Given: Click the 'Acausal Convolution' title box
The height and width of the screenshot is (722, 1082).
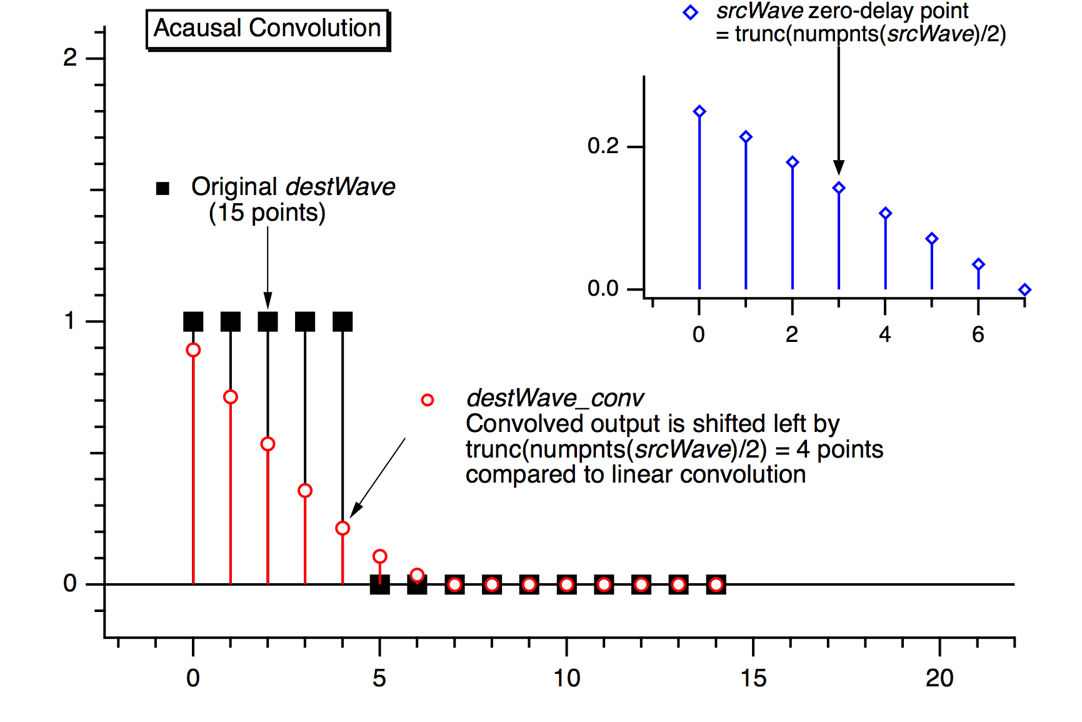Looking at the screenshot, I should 268,29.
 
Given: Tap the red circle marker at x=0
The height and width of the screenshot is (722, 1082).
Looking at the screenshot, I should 193,350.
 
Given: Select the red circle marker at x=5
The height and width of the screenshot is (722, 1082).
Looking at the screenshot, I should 379,556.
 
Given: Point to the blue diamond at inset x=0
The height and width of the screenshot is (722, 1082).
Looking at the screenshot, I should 699,112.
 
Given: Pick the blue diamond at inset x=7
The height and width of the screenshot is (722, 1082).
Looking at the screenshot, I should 1024,289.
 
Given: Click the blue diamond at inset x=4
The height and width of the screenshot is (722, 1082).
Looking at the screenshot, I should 885,214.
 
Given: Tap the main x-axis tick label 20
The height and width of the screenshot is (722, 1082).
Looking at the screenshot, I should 939,678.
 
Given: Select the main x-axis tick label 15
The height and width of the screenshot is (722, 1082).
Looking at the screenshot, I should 753,678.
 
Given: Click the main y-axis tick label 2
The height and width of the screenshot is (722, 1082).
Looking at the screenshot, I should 70,58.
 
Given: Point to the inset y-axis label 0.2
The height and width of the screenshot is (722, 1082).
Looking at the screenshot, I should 603,146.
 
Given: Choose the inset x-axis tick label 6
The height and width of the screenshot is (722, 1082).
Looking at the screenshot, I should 978,335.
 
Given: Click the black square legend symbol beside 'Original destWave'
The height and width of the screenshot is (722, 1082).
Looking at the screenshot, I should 163,188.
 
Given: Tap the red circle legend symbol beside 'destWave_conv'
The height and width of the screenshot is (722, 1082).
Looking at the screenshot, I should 428,400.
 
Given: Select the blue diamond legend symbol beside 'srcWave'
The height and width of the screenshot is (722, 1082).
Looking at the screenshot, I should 691,13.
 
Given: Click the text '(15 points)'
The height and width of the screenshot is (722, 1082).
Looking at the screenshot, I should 267,213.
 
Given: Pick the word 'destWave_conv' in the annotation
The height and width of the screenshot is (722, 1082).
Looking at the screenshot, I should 555,398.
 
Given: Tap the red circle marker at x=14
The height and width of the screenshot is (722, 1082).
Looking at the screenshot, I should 716,585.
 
